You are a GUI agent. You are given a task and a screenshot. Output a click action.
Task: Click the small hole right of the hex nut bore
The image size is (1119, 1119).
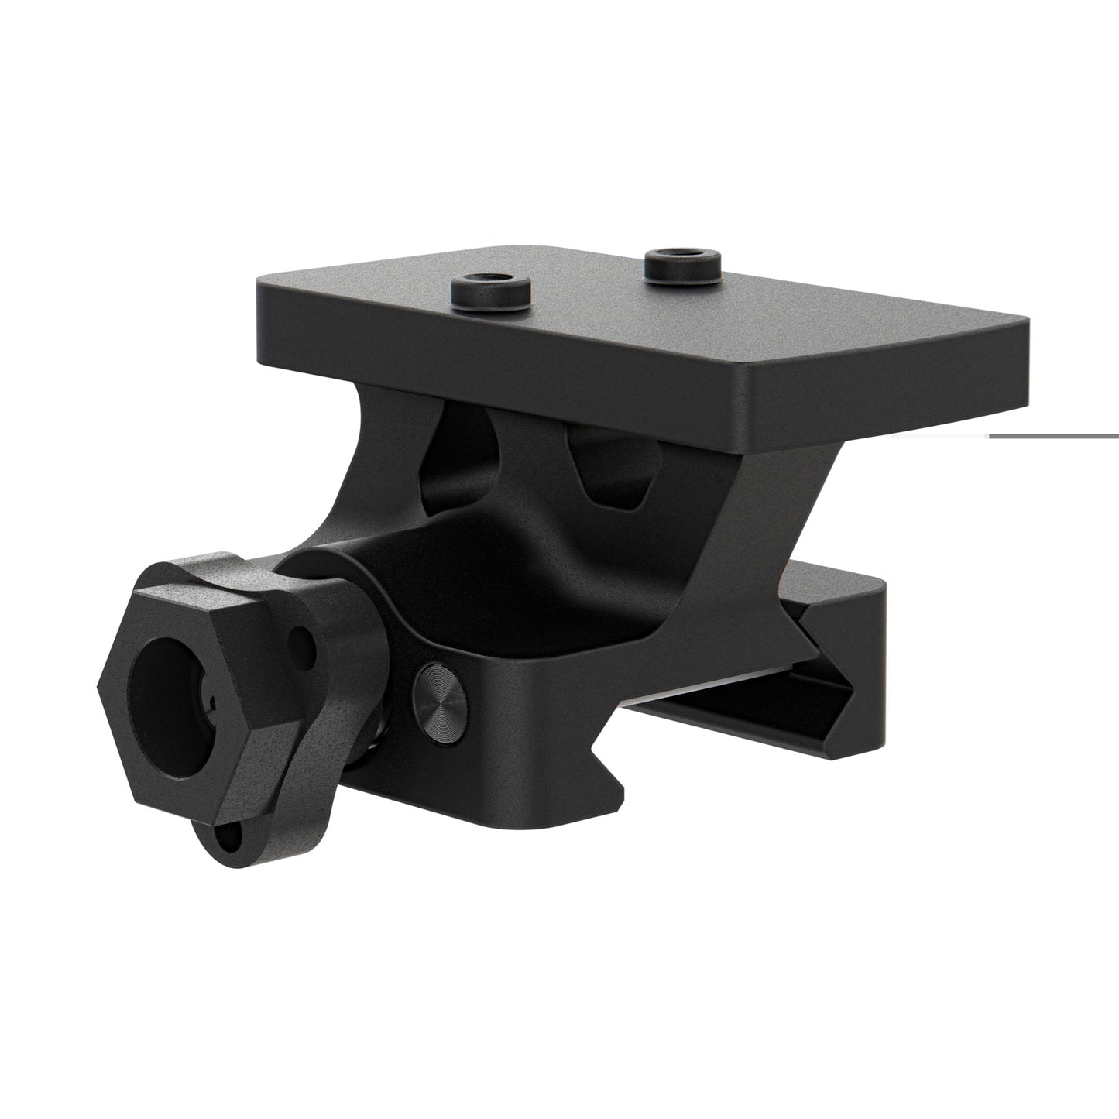[303, 642]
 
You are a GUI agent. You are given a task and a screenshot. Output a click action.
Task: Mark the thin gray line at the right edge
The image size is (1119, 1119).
[1053, 436]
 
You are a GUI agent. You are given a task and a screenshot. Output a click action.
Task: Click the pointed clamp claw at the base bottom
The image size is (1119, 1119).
[608, 782]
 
